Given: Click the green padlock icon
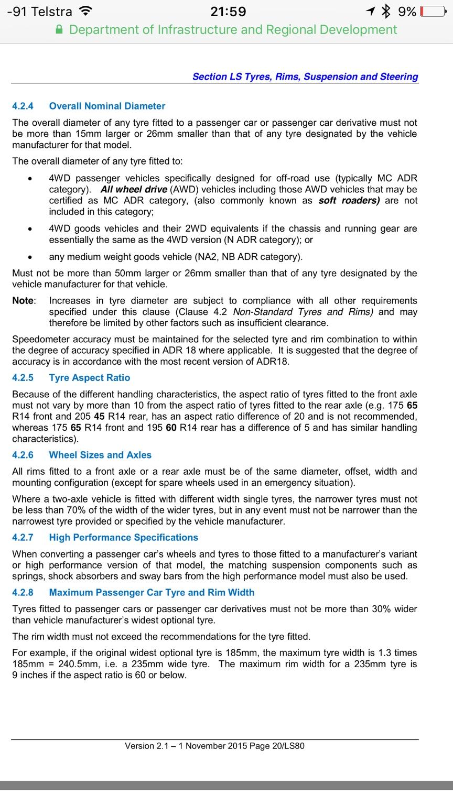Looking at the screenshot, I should point(60,30).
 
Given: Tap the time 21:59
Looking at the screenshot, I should point(228,12).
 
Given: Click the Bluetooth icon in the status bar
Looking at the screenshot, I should point(386,12).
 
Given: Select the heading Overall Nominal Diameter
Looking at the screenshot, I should point(107,106).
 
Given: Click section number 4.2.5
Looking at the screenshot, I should point(23,377).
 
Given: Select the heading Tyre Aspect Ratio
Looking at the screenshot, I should point(90,377).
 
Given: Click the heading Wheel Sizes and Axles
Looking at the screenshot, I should point(100,455).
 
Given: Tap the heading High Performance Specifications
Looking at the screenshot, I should point(124,537).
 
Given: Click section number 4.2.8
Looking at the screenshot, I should point(23,592).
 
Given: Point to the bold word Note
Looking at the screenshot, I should point(24,301).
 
